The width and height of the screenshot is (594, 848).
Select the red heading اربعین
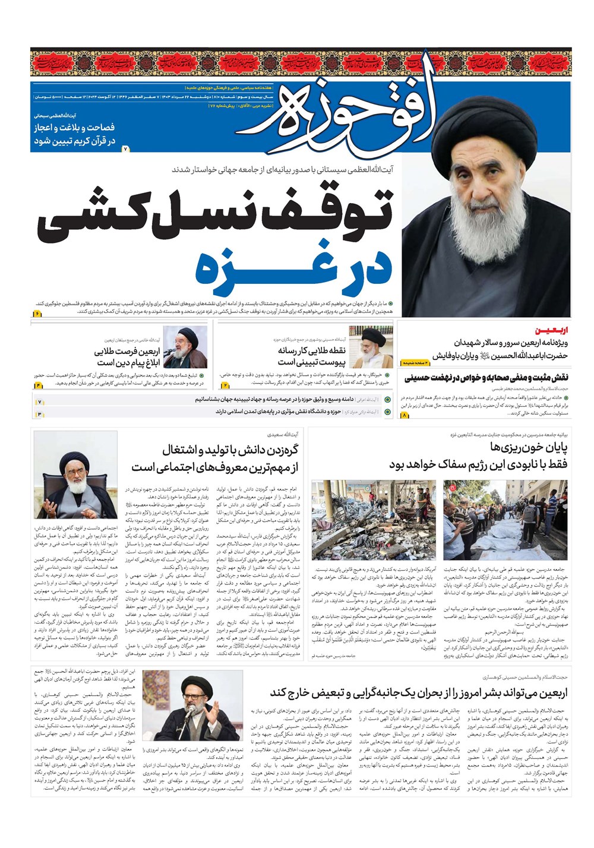coord(552,330)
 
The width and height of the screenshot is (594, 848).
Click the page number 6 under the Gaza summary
coord(37,313)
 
